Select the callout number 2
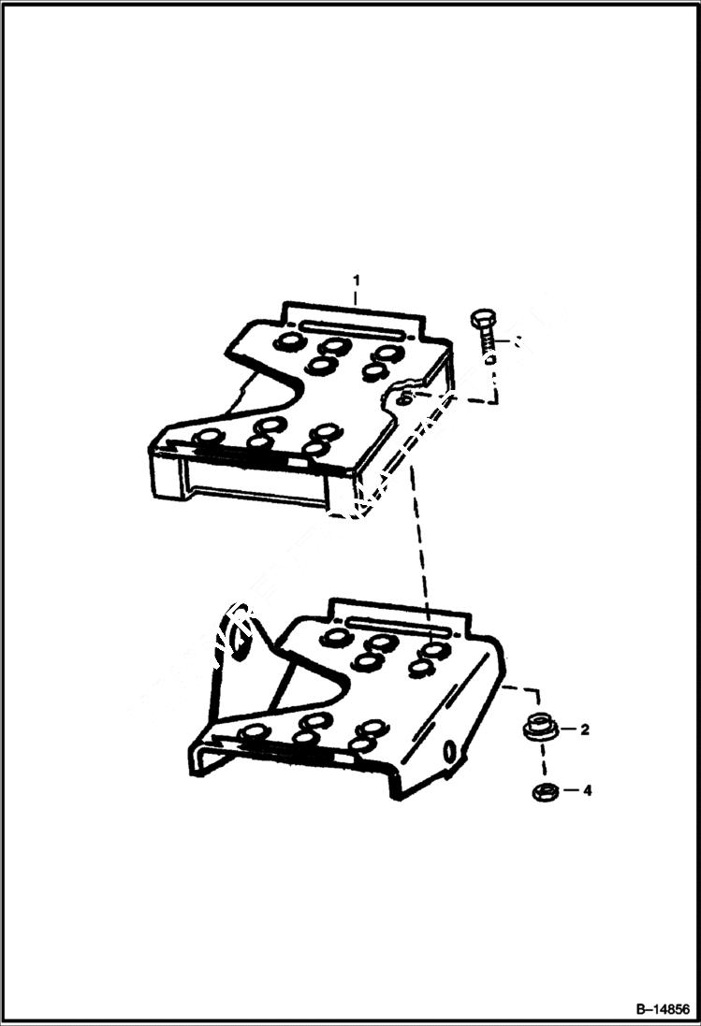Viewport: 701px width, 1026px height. [x=583, y=730]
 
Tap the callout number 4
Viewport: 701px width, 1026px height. [x=587, y=790]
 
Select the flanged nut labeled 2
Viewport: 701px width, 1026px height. [x=537, y=727]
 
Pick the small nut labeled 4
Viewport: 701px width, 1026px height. [x=542, y=792]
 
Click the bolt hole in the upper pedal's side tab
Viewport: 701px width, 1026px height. [x=402, y=399]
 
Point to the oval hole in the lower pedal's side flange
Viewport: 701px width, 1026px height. [x=452, y=749]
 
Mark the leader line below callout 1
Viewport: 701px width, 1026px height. [x=355, y=297]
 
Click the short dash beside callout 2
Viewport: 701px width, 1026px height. [x=564, y=730]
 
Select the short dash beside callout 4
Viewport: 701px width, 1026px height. [x=567, y=791]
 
